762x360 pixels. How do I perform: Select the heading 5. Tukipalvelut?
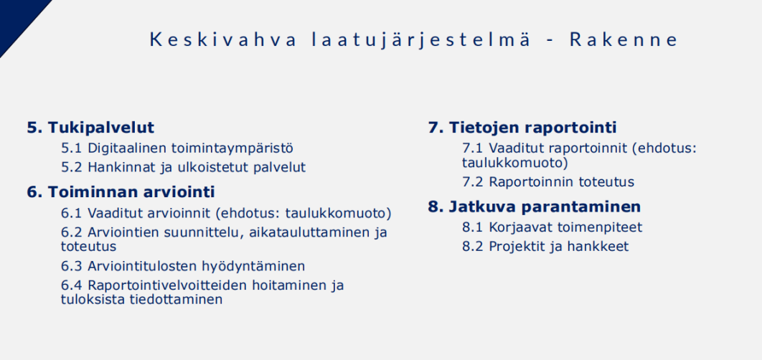(90, 128)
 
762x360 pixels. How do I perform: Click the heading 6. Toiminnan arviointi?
(121, 192)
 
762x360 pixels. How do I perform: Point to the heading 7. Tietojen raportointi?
(522, 128)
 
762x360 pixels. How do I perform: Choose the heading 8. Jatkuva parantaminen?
(534, 207)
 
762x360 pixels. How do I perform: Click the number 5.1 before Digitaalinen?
(72, 148)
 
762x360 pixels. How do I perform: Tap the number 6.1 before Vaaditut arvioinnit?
(72, 213)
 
